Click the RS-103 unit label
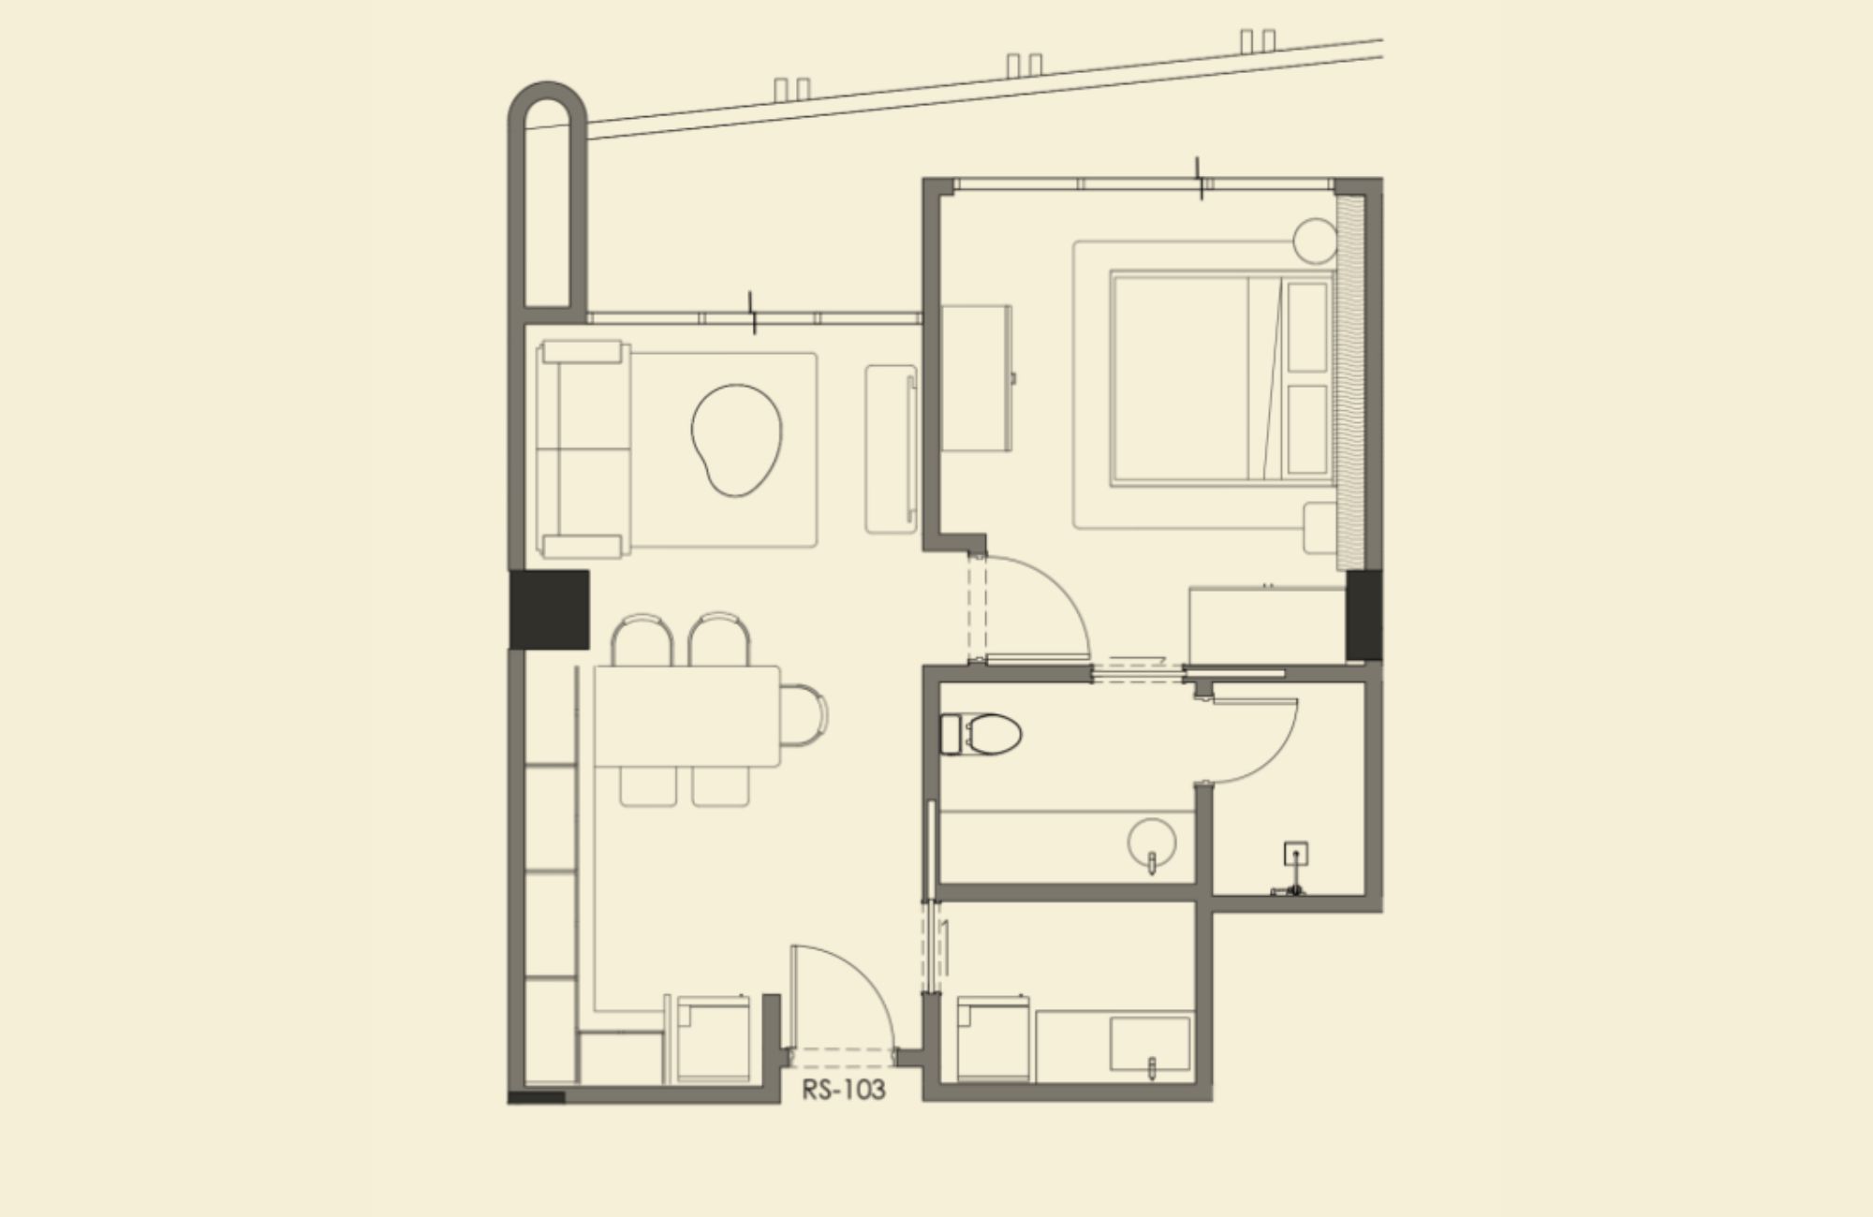pyautogui.click(x=843, y=1090)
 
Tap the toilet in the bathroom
pyautogui.click(x=981, y=734)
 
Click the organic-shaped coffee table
pyautogui.click(x=736, y=439)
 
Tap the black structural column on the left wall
pyautogui.click(x=549, y=609)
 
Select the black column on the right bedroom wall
pyautogui.click(x=1364, y=615)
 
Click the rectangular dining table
pyautogui.click(x=687, y=716)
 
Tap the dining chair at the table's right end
pyautogui.click(x=804, y=715)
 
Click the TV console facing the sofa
pyautogui.click(x=891, y=449)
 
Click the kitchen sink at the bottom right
pyautogui.click(x=1150, y=1044)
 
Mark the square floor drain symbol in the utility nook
pyautogui.click(x=1295, y=854)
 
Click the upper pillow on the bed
pyautogui.click(x=1308, y=326)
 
